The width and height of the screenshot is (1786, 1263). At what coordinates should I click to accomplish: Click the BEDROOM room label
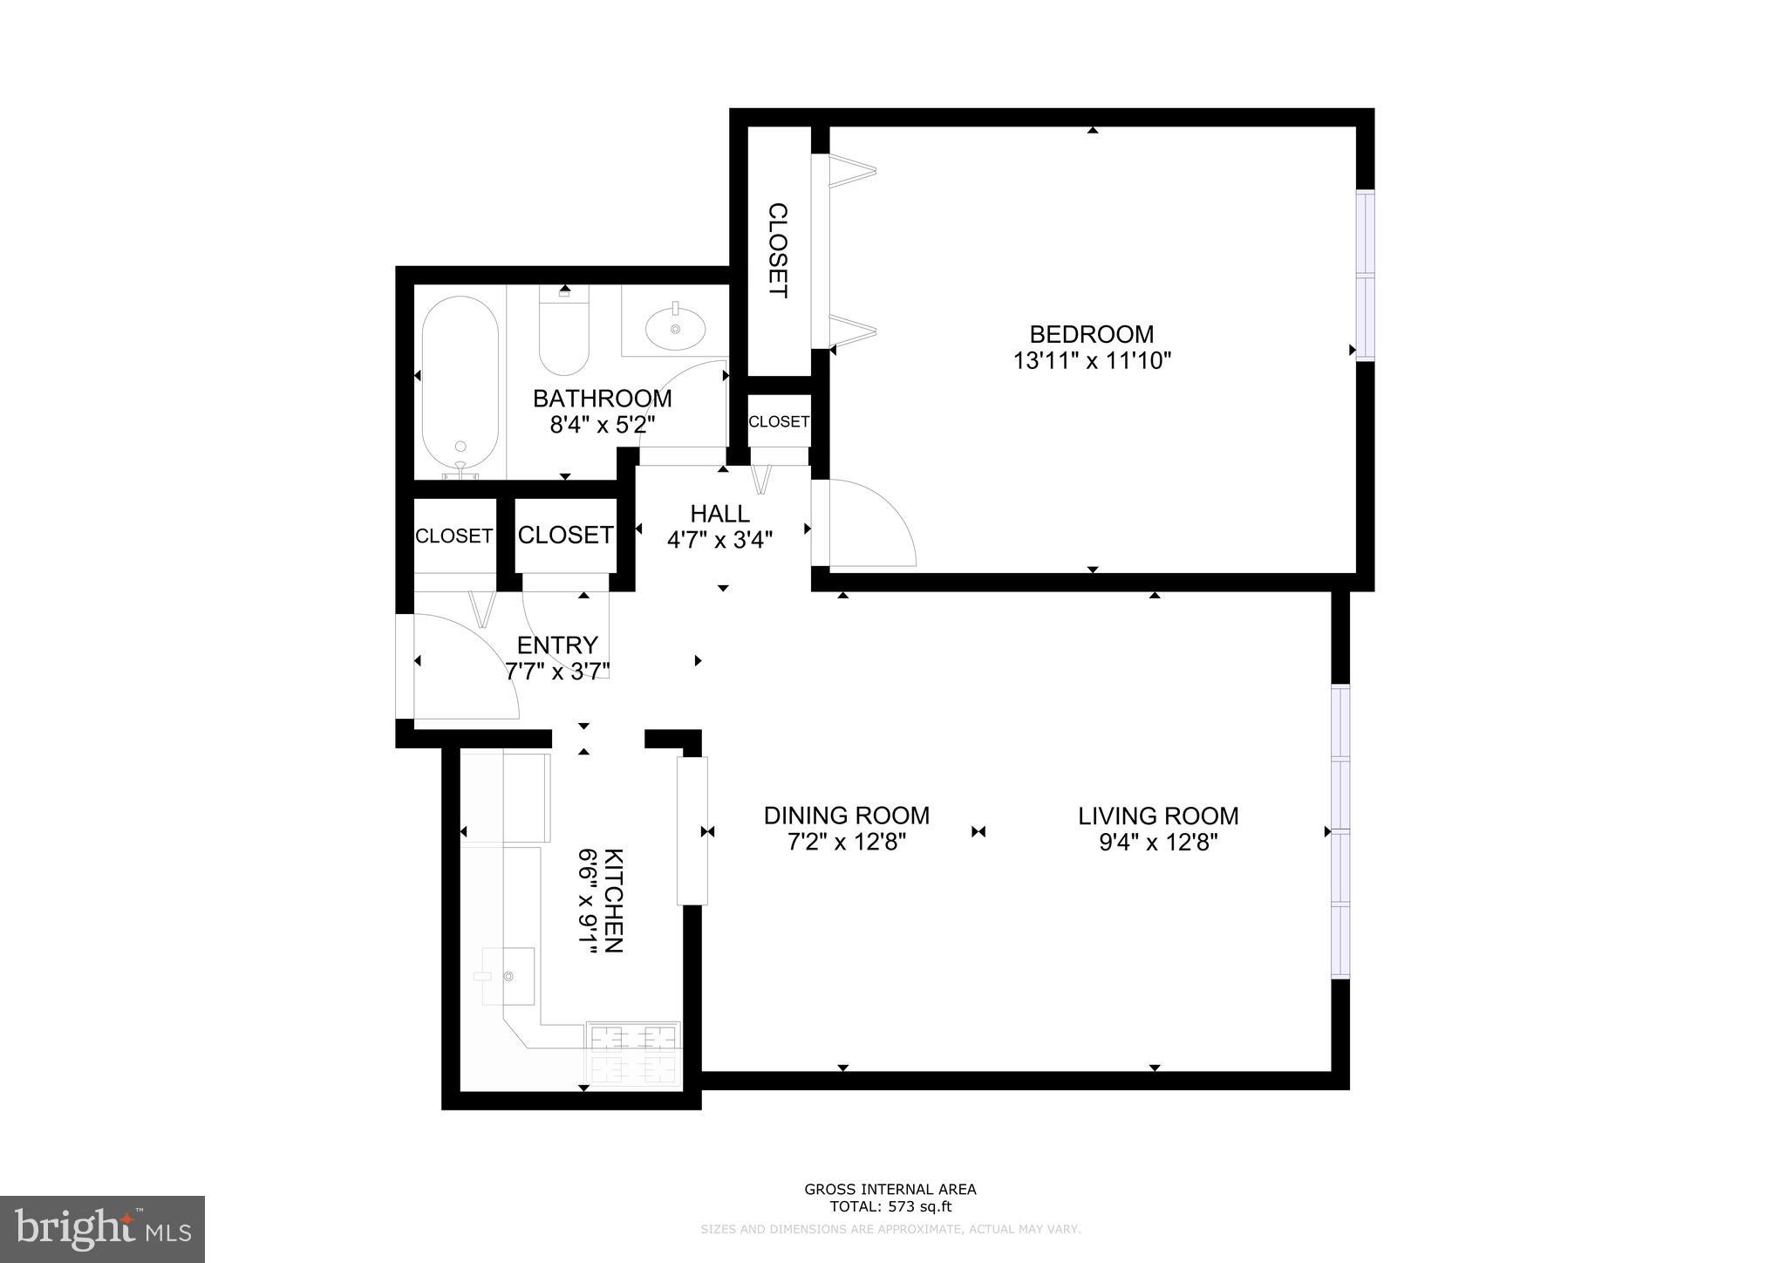tap(1091, 334)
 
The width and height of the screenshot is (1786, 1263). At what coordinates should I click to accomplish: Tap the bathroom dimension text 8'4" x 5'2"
tap(602, 425)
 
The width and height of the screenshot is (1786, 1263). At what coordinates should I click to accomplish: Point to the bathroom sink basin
tap(675, 330)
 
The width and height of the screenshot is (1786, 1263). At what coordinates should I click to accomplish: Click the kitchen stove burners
tap(634, 1052)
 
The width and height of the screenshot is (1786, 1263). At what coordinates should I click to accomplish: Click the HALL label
tap(719, 513)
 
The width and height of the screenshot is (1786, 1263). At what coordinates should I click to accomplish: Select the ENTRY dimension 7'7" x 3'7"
tap(557, 671)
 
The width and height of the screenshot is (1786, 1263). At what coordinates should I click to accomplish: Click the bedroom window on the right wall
tap(1365, 275)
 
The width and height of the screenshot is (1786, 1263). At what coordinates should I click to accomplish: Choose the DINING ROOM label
tap(846, 816)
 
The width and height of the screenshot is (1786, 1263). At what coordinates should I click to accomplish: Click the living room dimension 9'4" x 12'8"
tap(1158, 843)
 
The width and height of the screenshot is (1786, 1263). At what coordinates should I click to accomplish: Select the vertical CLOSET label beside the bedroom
tap(777, 250)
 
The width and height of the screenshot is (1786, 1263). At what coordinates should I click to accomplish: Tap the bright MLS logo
tap(102, 1229)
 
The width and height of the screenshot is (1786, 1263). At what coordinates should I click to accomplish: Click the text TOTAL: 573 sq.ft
tap(890, 1207)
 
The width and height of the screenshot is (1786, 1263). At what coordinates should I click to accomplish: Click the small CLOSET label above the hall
tap(778, 421)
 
